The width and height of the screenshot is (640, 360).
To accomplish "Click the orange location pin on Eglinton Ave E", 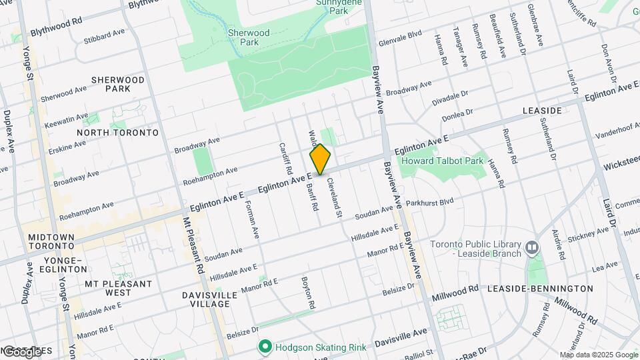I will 320,159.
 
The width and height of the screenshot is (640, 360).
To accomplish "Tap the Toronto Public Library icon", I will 531,248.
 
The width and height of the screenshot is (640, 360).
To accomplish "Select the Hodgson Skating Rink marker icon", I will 265,347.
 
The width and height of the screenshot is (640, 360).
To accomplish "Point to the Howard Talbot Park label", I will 441,161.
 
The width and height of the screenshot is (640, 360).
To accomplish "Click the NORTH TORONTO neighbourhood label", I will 117,133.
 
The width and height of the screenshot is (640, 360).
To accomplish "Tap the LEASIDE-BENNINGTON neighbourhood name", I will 539,289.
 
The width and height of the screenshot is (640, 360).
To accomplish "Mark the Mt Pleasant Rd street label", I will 192,247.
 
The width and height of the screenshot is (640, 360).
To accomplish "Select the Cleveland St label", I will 334,202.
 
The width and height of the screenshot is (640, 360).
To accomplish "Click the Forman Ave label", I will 251,220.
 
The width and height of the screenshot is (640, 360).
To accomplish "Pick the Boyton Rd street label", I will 307,293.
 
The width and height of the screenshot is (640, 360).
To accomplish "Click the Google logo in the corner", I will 21,351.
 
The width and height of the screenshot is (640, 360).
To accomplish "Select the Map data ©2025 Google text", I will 599,355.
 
